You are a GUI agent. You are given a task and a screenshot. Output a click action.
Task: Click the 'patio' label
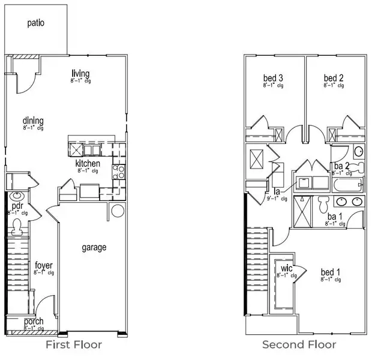(x=36, y=23)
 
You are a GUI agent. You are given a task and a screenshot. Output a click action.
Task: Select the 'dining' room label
(x=33, y=120)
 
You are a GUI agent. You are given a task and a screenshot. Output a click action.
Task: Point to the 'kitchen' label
(x=88, y=164)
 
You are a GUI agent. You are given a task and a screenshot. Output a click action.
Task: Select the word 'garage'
(x=94, y=247)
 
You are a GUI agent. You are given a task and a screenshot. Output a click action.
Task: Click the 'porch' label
(x=34, y=322)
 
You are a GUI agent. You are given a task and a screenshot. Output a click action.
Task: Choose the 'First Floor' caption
(x=74, y=345)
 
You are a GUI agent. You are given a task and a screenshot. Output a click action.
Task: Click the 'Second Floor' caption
(x=299, y=345)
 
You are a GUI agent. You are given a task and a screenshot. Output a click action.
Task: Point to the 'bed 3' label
(x=273, y=78)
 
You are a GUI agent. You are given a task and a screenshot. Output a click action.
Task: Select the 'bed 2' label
(x=333, y=78)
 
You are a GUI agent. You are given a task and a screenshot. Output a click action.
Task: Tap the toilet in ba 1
(x=324, y=200)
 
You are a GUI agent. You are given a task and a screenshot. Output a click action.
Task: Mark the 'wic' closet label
(x=284, y=269)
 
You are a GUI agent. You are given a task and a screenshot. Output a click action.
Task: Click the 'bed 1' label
(x=331, y=271)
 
